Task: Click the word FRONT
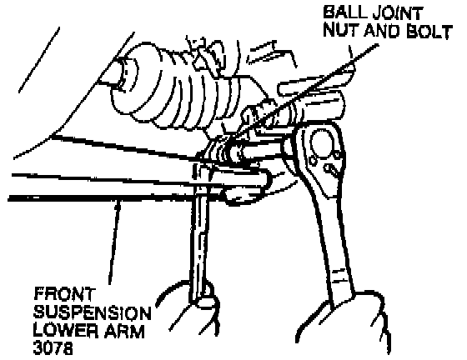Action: tap(64, 294)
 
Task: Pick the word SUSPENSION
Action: tap(93, 312)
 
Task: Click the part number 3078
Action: tap(53, 347)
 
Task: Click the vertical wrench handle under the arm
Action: tap(200, 238)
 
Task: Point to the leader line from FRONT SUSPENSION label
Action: tap(114, 242)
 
